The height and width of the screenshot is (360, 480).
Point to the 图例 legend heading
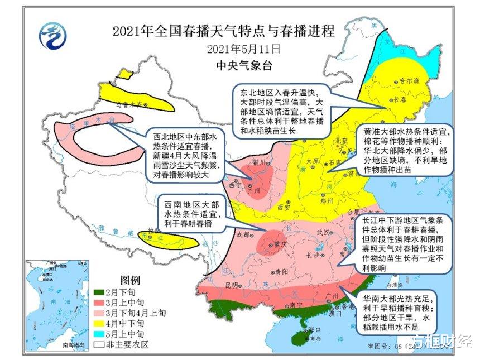pos(130,280)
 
